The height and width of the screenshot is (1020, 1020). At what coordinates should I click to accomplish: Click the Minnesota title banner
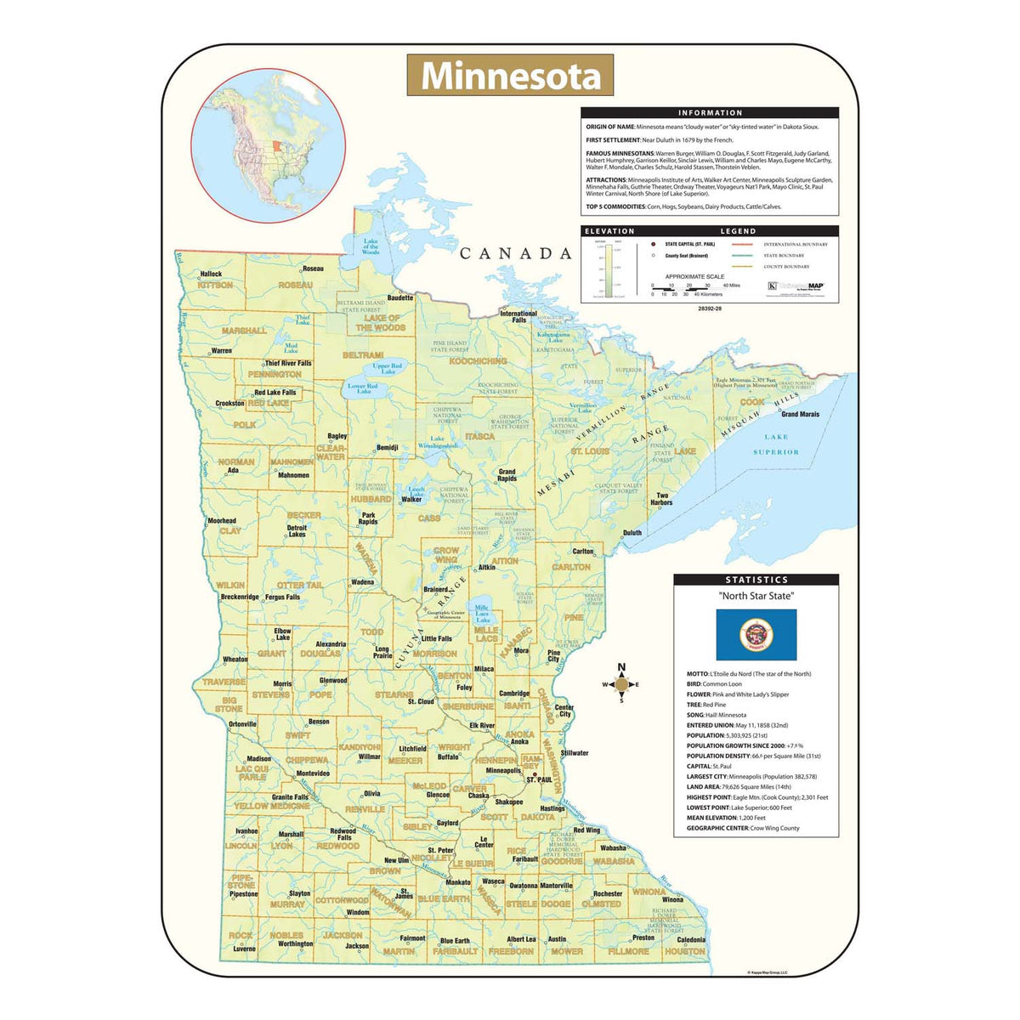510,76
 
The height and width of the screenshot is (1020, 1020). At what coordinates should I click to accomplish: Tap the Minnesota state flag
756,634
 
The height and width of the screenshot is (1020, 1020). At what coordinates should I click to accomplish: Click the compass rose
621,683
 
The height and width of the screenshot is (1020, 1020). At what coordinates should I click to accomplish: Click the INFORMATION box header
710,112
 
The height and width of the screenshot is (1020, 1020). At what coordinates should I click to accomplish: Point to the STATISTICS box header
756,580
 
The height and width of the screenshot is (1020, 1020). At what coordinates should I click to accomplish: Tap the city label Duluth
632,533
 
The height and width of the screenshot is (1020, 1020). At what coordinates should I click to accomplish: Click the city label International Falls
518,316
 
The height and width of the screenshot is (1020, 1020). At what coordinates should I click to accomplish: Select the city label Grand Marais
800,415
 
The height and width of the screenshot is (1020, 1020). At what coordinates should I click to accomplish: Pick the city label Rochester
608,893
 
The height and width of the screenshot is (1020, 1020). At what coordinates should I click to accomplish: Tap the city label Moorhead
222,520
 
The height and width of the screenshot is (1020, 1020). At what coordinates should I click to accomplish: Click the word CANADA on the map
516,253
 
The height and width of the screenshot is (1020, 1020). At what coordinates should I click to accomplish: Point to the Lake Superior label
775,445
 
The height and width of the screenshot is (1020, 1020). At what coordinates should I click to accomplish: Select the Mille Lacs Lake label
483,613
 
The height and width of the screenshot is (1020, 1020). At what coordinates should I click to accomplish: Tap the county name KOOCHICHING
478,361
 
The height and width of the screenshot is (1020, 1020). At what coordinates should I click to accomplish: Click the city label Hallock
211,274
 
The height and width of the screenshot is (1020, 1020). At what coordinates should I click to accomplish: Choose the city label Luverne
244,949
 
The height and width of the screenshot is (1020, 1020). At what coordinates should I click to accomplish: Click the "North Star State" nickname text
756,596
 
